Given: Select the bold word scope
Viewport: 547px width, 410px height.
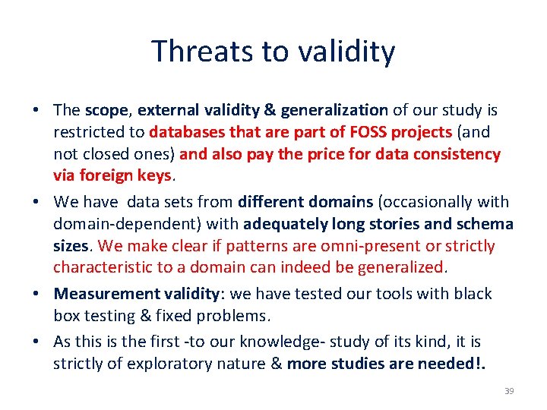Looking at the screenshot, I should click(x=106, y=110).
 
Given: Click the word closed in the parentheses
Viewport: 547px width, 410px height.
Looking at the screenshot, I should click(x=105, y=154).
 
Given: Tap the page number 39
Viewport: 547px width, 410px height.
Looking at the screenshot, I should click(x=509, y=391).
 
